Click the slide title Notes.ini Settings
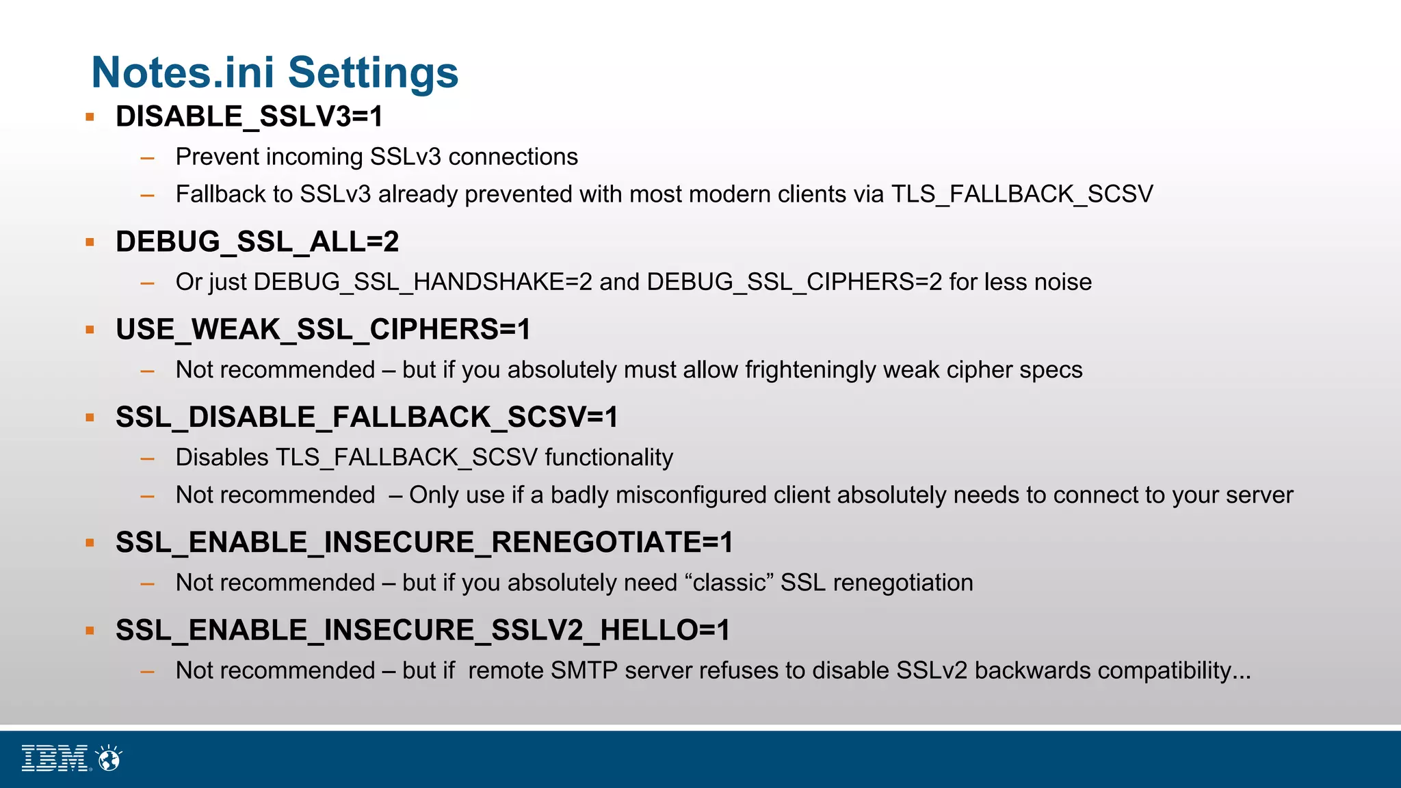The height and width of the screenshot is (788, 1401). tap(274, 73)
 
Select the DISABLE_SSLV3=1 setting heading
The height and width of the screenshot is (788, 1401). tap(249, 116)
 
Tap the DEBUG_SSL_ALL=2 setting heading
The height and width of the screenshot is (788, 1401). tap(257, 241)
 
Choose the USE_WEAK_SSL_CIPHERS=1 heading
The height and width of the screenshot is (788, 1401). tap(323, 329)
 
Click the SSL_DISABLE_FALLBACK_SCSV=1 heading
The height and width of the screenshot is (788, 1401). tap(367, 417)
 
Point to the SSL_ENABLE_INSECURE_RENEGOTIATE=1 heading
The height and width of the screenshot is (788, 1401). tap(424, 542)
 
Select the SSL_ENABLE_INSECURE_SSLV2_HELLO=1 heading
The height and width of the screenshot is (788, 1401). tap(423, 630)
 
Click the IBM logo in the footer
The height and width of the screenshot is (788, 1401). tap(55, 758)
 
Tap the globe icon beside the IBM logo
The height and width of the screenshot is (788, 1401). tap(109, 758)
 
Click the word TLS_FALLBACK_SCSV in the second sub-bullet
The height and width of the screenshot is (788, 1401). tap(1022, 194)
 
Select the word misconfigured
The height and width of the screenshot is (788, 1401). tap(691, 495)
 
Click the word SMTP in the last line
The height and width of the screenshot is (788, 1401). tap(584, 670)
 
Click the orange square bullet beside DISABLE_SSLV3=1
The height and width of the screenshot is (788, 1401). tap(90, 117)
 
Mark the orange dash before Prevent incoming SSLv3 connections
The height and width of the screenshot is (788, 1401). tap(147, 158)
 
